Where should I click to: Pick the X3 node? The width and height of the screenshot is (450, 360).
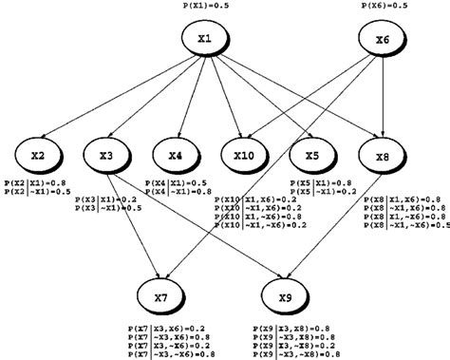[106, 154]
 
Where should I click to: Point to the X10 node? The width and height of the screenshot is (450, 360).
[245, 154]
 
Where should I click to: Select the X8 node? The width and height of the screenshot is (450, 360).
[383, 154]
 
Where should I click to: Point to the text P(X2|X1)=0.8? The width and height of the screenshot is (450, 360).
[35, 180]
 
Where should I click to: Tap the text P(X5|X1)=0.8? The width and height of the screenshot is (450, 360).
[322, 180]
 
